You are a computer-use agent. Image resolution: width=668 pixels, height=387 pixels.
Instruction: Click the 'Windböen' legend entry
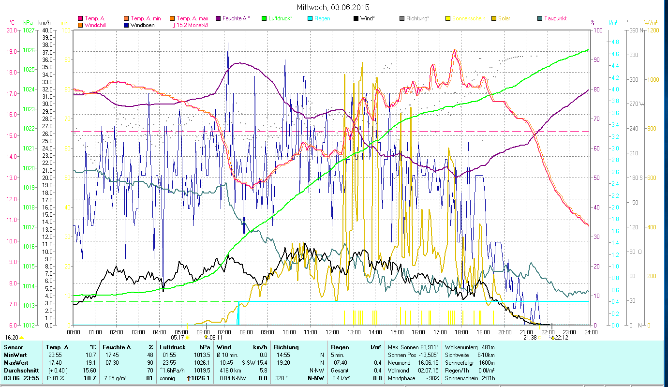pos(142,25)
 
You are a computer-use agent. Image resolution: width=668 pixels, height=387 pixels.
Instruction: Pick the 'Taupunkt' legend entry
pos(555,18)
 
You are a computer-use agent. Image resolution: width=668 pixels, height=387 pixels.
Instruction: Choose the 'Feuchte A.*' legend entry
pos(236,18)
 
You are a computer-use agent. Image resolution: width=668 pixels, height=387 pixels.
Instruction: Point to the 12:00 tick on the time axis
pos(332,332)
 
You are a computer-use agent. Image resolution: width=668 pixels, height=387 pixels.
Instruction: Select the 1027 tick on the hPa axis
pos(29,30)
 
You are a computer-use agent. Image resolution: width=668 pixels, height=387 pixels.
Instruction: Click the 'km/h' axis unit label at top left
pos(44,23)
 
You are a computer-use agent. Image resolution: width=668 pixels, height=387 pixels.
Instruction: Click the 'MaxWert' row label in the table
pos(15,362)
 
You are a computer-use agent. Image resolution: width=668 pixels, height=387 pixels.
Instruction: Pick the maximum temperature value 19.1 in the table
pos(90,362)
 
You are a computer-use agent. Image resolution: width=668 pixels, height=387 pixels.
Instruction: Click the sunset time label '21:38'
pos(530,338)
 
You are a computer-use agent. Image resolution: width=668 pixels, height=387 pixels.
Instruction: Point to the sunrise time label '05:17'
pos(178,338)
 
